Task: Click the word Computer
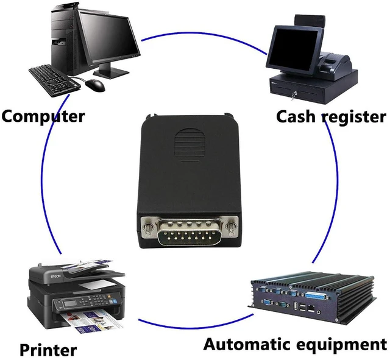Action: (43, 116)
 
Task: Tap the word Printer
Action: (48, 350)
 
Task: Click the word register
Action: (354, 118)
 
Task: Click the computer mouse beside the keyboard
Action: (95, 85)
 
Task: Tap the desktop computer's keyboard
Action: (54, 80)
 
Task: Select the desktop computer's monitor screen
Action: (110, 37)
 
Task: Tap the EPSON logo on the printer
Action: (55, 277)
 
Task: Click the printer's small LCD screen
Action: (70, 303)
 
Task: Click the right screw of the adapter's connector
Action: (230, 228)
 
